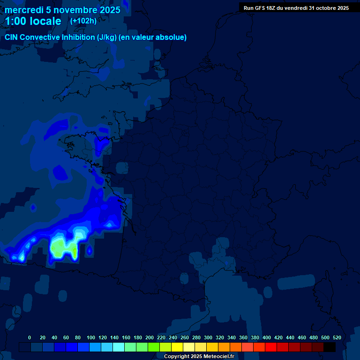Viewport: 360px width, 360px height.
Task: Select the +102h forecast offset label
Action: [x=83, y=21]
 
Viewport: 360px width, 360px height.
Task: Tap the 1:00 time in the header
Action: [x=16, y=21]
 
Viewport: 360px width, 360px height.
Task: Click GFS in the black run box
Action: [x=260, y=8]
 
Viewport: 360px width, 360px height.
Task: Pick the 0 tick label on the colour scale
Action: [x=30, y=337]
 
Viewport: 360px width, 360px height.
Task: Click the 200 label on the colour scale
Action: [x=149, y=337]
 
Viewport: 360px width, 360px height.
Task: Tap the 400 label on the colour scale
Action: [x=267, y=337]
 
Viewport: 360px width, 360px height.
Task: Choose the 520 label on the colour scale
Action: [x=337, y=337]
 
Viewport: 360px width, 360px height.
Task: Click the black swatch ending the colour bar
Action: [x=330, y=347]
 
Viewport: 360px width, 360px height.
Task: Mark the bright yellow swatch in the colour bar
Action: [x=177, y=347]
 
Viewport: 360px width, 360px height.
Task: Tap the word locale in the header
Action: [x=45, y=21]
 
